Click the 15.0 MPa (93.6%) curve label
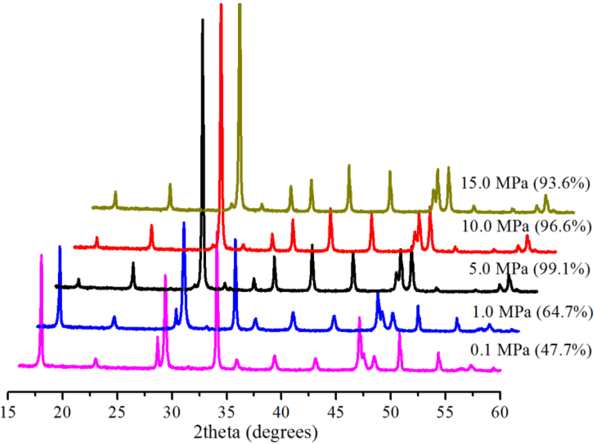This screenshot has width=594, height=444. pyautogui.click(x=526, y=183)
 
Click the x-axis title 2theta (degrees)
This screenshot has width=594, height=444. pyautogui.click(x=255, y=432)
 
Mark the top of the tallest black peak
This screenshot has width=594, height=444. pyautogui.click(x=202, y=20)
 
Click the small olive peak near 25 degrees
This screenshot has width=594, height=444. pyautogui.click(x=115, y=193)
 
